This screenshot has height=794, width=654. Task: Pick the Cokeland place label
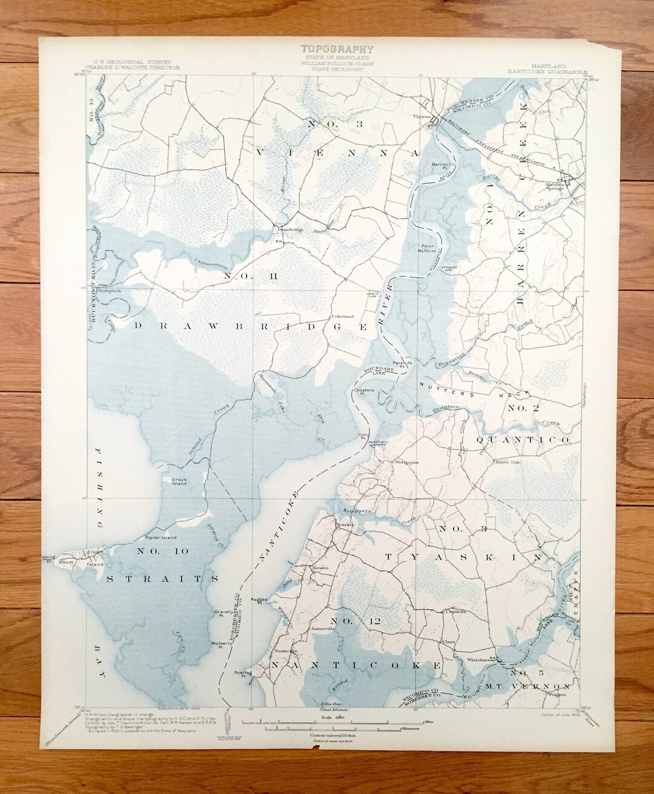[x=342, y=316]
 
